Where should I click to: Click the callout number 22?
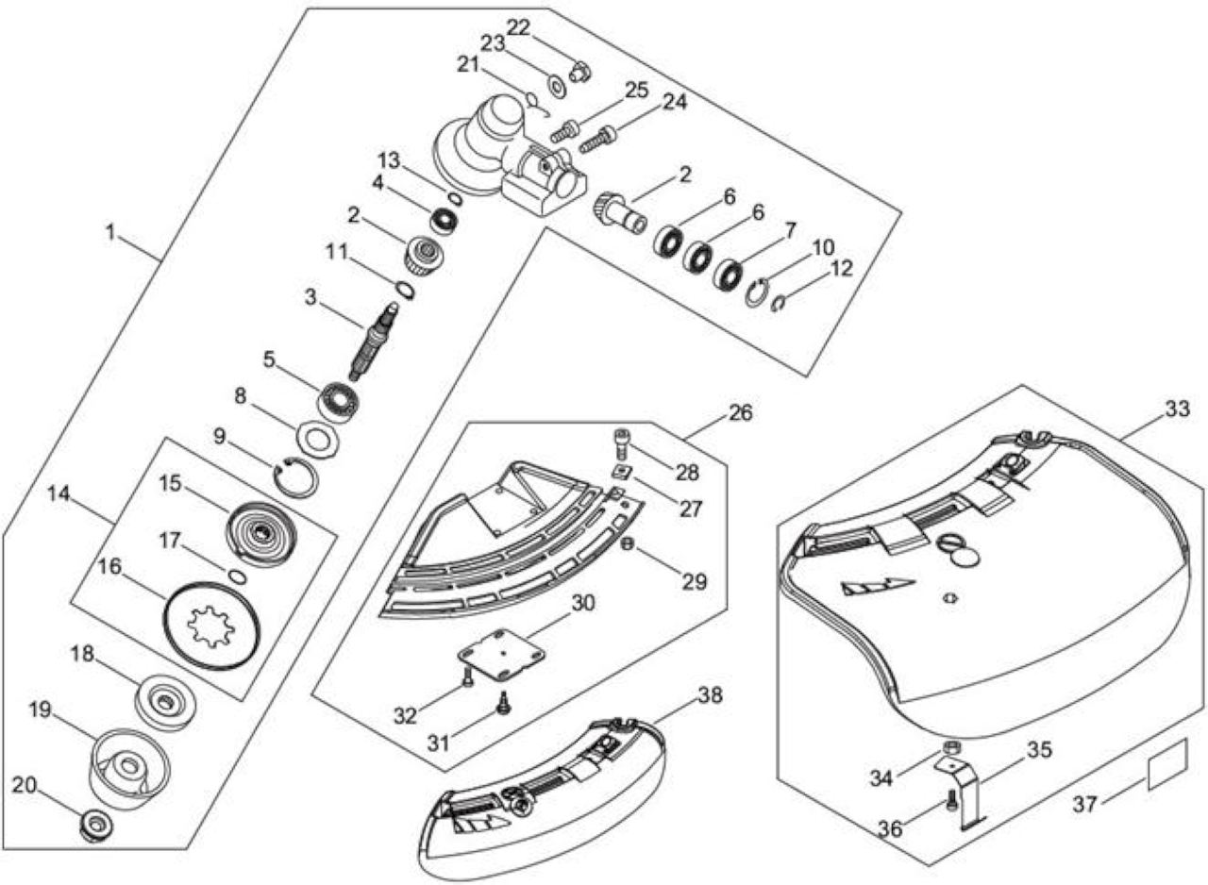pyautogui.click(x=519, y=27)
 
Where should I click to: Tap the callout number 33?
pyautogui.click(x=1177, y=409)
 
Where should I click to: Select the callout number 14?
pyautogui.click(x=59, y=493)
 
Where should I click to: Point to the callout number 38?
pyautogui.click(x=710, y=695)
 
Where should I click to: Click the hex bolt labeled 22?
pyautogui.click(x=579, y=72)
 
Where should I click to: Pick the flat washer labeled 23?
pyautogui.click(x=556, y=86)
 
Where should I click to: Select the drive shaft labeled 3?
pyautogui.click(x=374, y=342)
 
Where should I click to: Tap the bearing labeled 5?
pyautogui.click(x=339, y=400)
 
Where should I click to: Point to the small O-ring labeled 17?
pyautogui.click(x=238, y=576)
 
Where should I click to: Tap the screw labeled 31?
pyautogui.click(x=505, y=703)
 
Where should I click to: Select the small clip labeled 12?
pyautogui.click(x=777, y=304)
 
